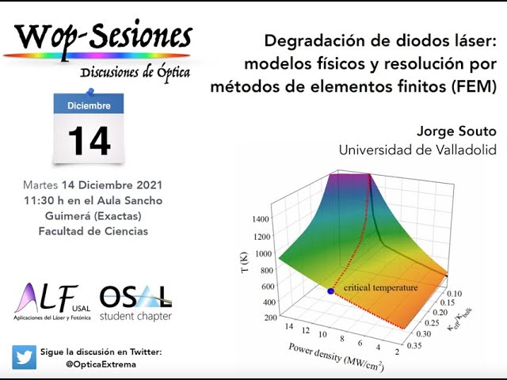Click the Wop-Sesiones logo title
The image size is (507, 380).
click(x=102, y=36)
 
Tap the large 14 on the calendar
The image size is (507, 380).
click(x=89, y=140)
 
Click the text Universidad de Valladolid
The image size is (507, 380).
click(x=417, y=150)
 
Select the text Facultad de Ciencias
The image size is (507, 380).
click(x=93, y=231)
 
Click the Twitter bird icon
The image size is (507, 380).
click(x=24, y=357)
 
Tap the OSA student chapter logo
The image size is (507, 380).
click(x=136, y=302)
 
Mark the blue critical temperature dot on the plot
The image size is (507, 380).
click(x=330, y=291)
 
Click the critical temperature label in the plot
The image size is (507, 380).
click(x=379, y=287)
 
